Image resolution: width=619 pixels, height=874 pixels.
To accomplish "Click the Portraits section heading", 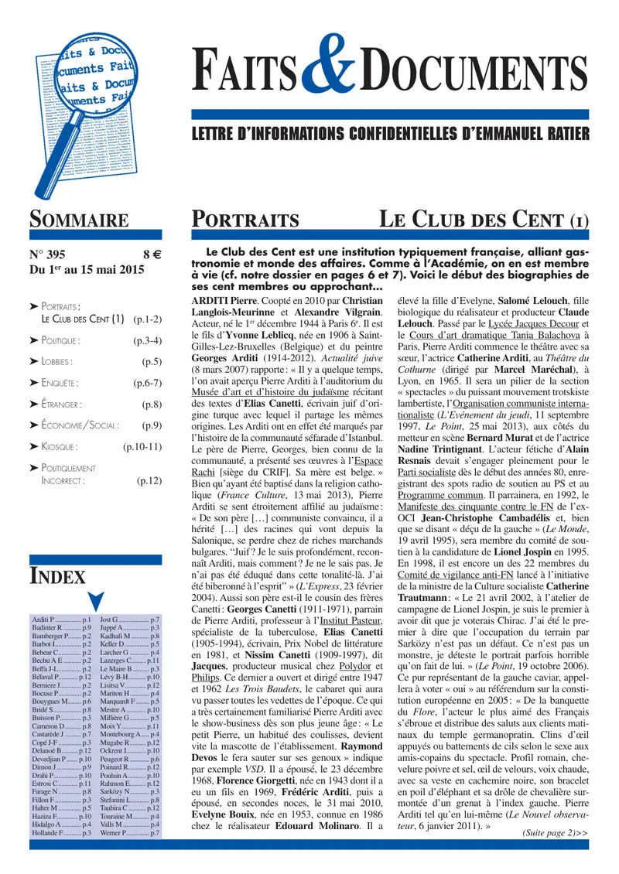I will tap(245, 219).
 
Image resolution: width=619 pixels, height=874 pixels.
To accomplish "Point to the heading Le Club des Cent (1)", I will tap(483, 219).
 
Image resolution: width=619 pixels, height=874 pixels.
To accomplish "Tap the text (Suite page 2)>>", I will tap(555, 833).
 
